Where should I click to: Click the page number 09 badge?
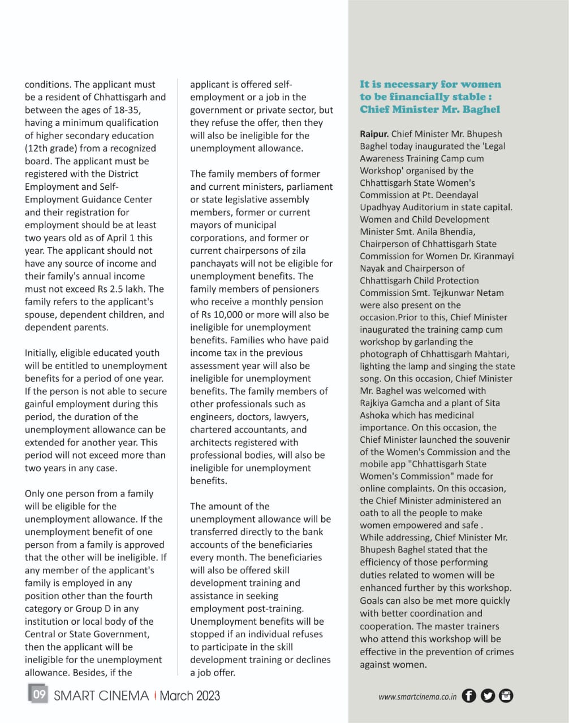38,695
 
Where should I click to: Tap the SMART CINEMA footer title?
101,695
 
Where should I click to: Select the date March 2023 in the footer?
190,695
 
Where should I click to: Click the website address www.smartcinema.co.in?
417,696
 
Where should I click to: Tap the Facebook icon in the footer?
469,696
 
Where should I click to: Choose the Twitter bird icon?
488,696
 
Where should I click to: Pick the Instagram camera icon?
506,696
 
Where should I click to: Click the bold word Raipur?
374,134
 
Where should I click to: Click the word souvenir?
490,439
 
